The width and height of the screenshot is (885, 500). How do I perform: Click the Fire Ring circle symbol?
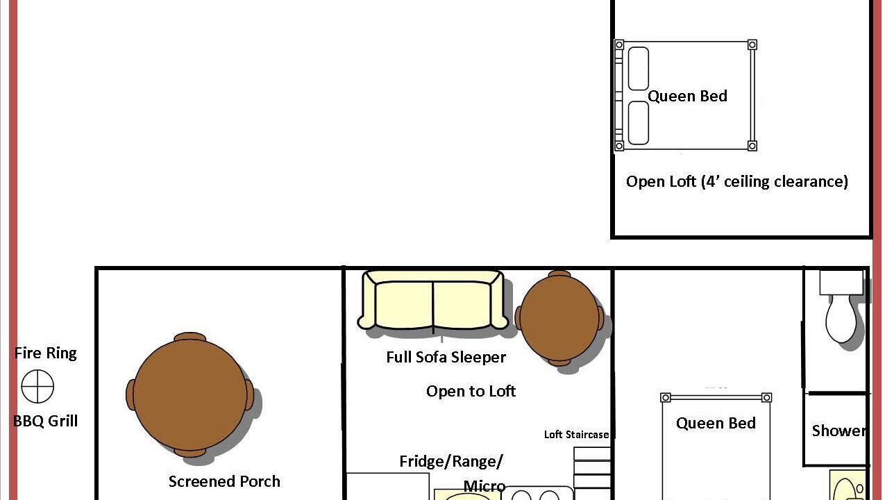pyautogui.click(x=37, y=387)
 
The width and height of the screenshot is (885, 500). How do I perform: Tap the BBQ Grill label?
pyautogui.click(x=46, y=421)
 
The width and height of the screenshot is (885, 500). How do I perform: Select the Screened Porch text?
pyautogui.click(x=224, y=481)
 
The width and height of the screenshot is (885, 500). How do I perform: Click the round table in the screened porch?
pyautogui.click(x=189, y=394)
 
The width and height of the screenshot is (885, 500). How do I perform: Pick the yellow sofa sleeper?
pyautogui.click(x=433, y=299)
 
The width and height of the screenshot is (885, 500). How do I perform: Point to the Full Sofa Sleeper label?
pyautogui.click(x=446, y=357)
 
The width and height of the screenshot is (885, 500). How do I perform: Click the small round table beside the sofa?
pyautogui.click(x=559, y=317)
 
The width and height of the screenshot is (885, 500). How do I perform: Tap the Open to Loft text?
pyautogui.click(x=471, y=391)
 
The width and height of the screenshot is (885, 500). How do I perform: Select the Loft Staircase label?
pyautogui.click(x=576, y=435)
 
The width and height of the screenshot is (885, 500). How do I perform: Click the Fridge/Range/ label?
pyautogui.click(x=451, y=461)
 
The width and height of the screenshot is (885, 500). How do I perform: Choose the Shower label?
pyautogui.click(x=838, y=431)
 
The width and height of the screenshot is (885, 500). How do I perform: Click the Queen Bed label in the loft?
pyautogui.click(x=687, y=96)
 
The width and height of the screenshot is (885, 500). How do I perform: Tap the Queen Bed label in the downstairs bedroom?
pyautogui.click(x=716, y=423)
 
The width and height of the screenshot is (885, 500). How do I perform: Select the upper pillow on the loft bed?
pyautogui.click(x=639, y=68)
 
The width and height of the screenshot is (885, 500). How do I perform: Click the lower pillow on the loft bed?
pyautogui.click(x=639, y=123)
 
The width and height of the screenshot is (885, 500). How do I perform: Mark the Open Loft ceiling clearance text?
pyautogui.click(x=737, y=181)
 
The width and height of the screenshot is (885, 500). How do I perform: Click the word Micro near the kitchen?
pyautogui.click(x=484, y=486)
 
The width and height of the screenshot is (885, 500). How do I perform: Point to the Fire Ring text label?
pyautogui.click(x=46, y=353)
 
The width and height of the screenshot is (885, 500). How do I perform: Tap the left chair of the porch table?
pyautogui.click(x=130, y=394)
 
